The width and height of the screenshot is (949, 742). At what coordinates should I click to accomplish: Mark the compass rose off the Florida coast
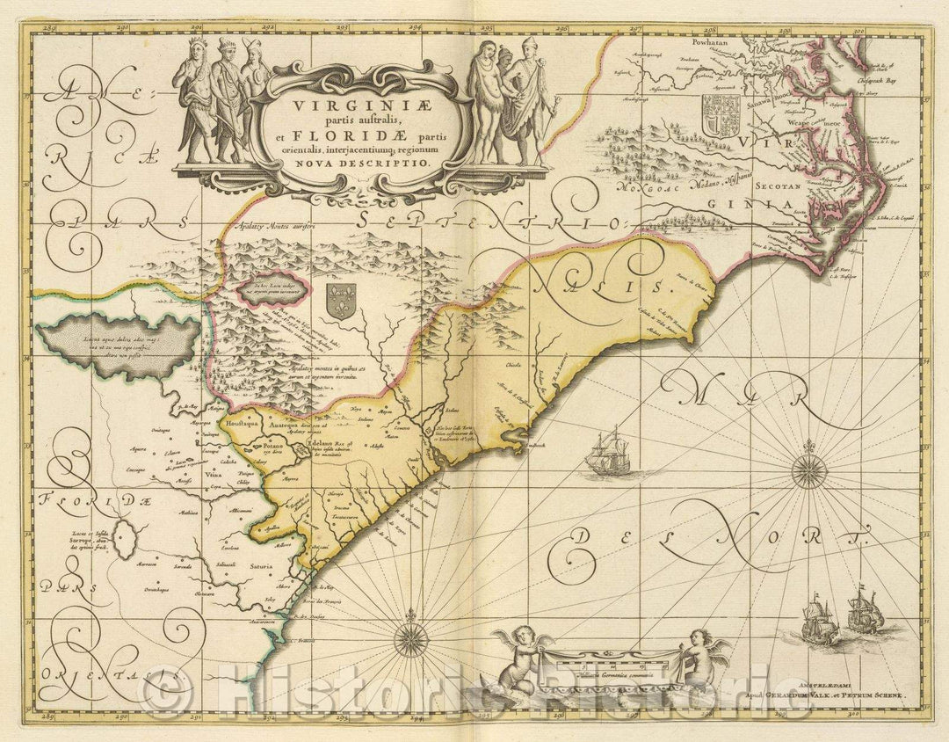pyautogui.click(x=409, y=639)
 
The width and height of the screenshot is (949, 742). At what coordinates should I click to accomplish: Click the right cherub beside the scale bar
pyautogui.click(x=704, y=656)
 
